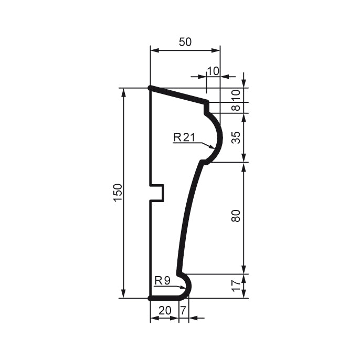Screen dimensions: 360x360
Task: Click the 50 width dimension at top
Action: (185, 43)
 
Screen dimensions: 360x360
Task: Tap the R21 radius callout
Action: (184, 137)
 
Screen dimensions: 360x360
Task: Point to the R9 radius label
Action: (163, 281)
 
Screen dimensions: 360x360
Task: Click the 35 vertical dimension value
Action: (236, 137)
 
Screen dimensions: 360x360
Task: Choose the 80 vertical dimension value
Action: (236, 216)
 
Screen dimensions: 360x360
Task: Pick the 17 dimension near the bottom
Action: (236, 286)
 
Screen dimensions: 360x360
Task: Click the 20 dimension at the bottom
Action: (164, 310)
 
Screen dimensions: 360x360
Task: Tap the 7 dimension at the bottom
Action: (183, 310)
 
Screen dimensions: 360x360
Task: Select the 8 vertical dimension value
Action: (236, 108)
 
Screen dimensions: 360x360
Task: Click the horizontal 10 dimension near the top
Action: (213, 71)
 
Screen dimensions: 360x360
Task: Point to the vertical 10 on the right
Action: (236, 95)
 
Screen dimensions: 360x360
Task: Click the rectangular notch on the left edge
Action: (157, 193)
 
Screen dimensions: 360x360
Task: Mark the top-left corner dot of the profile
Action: (150, 88)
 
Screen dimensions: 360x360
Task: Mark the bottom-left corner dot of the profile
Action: (150, 298)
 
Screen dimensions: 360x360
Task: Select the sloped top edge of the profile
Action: (178, 96)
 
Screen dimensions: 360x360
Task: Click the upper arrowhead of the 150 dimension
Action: (124, 92)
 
